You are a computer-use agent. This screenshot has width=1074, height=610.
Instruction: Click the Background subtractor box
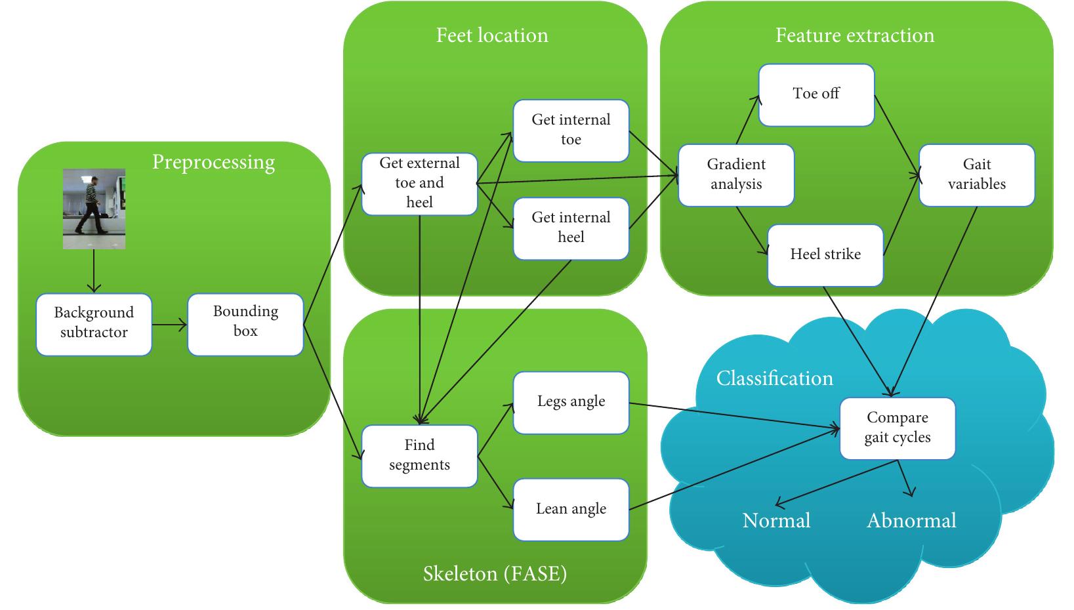(x=94, y=324)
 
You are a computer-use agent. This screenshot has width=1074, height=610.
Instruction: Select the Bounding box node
(x=245, y=324)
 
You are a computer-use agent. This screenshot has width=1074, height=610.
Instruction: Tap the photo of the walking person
(x=94, y=209)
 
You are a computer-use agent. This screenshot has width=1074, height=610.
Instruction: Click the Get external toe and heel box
(x=419, y=184)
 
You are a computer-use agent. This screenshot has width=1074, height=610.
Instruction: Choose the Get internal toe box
(x=571, y=131)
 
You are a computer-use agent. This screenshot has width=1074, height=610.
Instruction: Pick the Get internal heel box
(x=571, y=228)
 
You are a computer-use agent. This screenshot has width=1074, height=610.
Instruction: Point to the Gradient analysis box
(x=735, y=175)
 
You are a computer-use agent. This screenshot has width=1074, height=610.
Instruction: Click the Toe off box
(x=816, y=94)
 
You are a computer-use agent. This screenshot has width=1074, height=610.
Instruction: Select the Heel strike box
(x=825, y=255)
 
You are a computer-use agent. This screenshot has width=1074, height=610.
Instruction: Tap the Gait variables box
(x=976, y=175)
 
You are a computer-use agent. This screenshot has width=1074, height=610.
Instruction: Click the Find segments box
(x=419, y=456)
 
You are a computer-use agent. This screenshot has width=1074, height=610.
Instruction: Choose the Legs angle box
(x=571, y=402)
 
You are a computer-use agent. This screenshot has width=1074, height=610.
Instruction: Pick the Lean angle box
(x=571, y=510)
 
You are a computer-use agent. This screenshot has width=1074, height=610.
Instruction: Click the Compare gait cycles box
(x=897, y=428)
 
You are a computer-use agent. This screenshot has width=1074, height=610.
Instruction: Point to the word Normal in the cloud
(x=776, y=521)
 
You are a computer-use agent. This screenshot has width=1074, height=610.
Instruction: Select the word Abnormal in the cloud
(x=911, y=521)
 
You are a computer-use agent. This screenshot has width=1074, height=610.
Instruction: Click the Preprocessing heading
(x=213, y=162)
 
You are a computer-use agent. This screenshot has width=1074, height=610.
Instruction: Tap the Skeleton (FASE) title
(x=495, y=574)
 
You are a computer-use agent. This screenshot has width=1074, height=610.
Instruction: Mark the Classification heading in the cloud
(x=774, y=378)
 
